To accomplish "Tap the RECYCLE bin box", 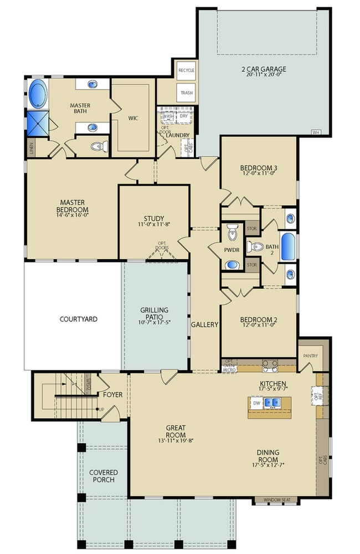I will click(186, 70).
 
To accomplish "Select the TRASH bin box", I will click(186, 93).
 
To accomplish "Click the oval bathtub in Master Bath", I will click(38, 93).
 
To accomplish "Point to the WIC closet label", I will click(133, 118).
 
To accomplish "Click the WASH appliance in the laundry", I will click(168, 116).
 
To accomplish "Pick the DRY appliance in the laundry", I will click(183, 116).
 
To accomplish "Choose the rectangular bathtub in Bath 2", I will click(288, 247).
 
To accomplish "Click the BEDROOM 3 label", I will click(259, 168).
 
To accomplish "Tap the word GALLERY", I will click(204, 325).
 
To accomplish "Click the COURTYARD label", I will click(78, 319).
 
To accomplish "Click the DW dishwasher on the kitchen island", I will click(256, 403).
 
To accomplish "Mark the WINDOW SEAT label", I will click(275, 500).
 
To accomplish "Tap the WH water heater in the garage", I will click(316, 132).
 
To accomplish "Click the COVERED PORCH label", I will click(103, 476).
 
